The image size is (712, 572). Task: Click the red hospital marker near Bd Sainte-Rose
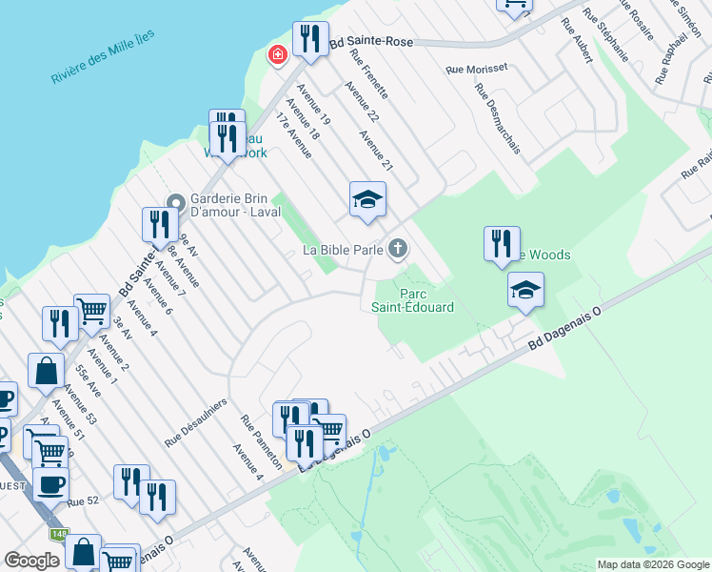coord(277,56)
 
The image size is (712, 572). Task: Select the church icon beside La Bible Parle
coord(398,250)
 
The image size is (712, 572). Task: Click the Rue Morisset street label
coord(477,70)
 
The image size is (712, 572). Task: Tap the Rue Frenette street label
coord(369,75)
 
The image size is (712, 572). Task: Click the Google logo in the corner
coord(32,560)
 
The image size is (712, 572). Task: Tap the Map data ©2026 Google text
coord(653,564)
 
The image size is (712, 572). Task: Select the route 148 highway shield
coord(59,534)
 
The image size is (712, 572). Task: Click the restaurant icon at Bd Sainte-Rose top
coord(310,40)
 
